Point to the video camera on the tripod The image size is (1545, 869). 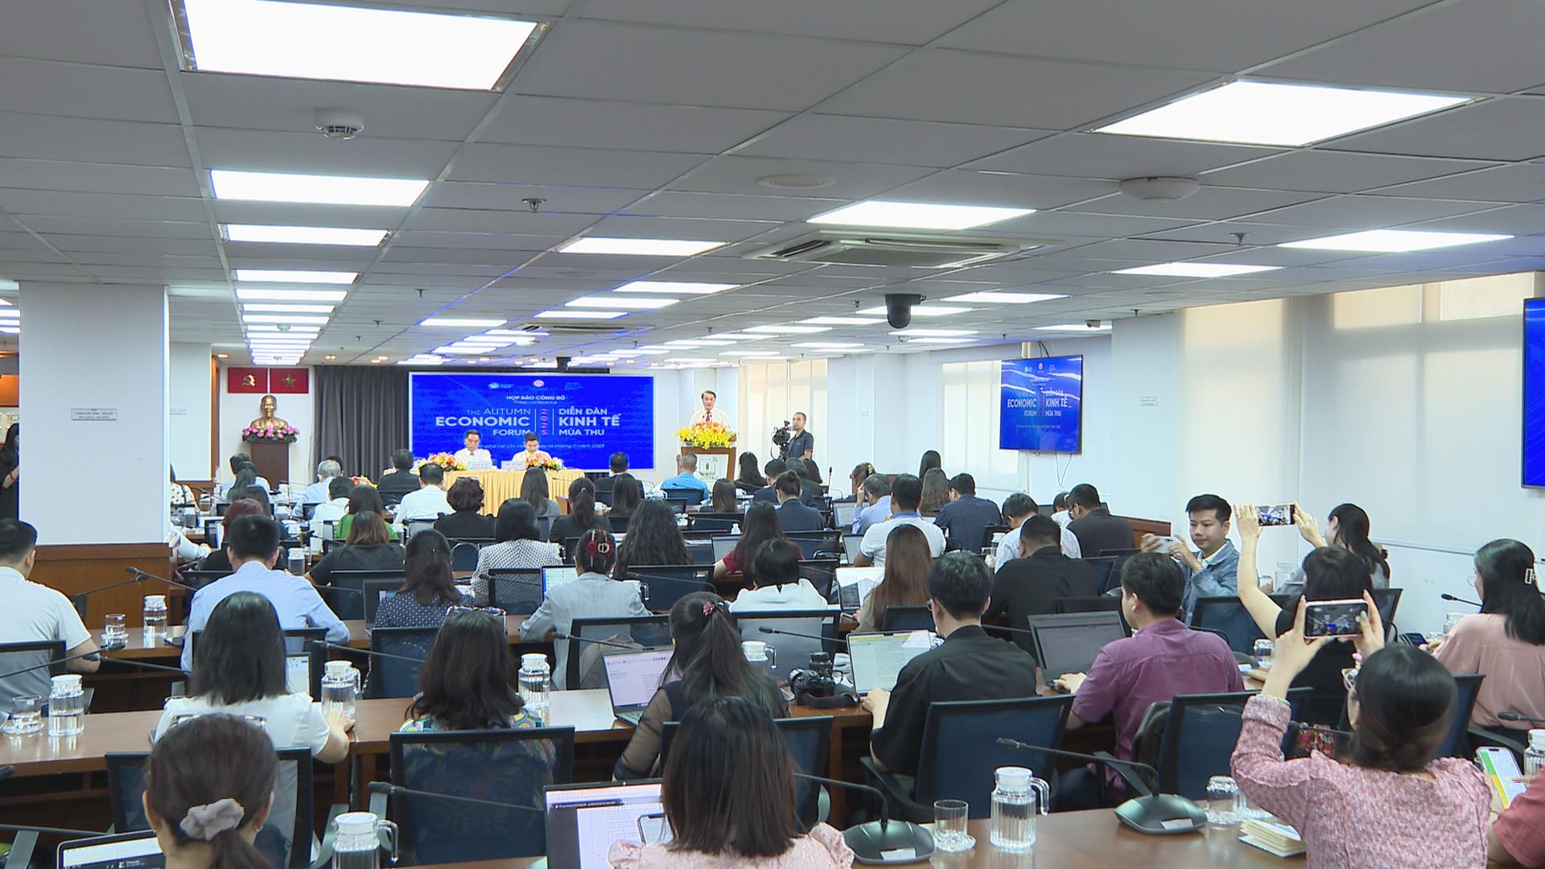click(x=781, y=435)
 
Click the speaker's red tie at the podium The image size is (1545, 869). click(x=708, y=418)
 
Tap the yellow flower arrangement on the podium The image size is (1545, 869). click(x=706, y=435)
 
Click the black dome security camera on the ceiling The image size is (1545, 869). click(x=899, y=310)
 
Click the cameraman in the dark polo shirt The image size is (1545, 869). click(x=798, y=439)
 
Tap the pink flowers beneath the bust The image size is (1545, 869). click(x=270, y=434)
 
